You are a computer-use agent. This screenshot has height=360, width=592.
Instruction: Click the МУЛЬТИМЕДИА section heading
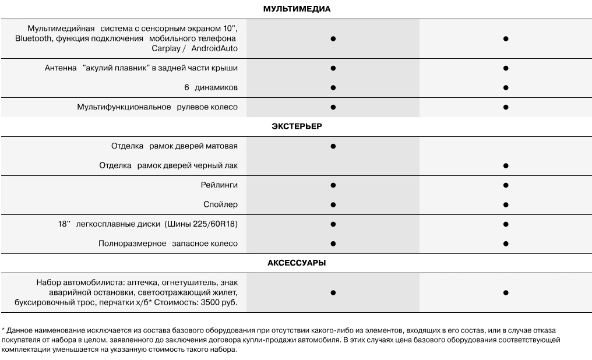point(297,9)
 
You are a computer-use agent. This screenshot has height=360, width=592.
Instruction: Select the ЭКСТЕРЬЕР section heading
point(297,126)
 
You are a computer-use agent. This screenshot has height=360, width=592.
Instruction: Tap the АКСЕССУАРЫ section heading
point(297,263)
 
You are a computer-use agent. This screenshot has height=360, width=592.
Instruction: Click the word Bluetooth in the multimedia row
point(34,38)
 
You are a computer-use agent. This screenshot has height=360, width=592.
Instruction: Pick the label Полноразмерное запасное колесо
point(168,243)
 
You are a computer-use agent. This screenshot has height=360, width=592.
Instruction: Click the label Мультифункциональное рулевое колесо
point(157,107)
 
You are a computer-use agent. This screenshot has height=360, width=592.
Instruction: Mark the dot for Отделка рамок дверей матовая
point(333,146)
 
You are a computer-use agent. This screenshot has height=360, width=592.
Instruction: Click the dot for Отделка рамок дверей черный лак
point(506,165)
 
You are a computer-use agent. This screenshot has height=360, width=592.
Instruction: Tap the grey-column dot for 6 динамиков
point(333,87)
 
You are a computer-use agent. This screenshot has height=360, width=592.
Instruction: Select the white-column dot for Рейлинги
point(506,185)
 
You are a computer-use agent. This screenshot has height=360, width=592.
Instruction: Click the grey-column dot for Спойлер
point(333,204)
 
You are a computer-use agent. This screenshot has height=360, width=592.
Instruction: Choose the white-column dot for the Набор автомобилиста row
point(506,292)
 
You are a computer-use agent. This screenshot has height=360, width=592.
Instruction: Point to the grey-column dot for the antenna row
point(333,68)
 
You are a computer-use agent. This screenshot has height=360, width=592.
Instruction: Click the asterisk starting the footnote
point(3,330)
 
